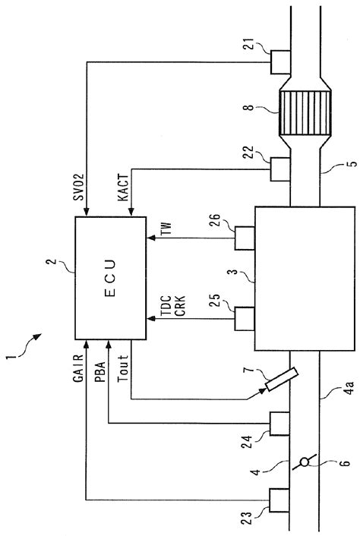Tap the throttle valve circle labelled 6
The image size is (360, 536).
pyautogui.click(x=305, y=462)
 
